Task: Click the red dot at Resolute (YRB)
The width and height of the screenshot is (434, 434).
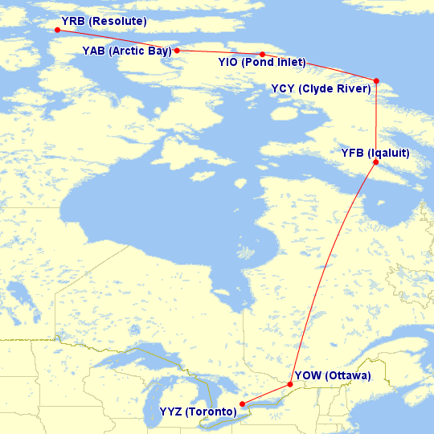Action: click(57, 31)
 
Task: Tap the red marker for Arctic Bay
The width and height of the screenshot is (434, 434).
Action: click(177, 50)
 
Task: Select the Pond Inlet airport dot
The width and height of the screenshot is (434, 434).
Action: click(262, 55)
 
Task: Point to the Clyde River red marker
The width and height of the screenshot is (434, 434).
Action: click(376, 80)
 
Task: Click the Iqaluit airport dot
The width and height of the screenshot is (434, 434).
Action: click(376, 162)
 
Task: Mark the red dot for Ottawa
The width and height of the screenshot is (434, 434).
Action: click(290, 384)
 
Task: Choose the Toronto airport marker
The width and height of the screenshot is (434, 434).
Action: click(242, 404)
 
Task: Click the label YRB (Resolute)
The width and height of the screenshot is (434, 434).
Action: click(104, 19)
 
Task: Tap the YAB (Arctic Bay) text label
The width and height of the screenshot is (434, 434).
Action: click(126, 51)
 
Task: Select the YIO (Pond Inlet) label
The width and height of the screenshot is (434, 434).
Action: click(261, 62)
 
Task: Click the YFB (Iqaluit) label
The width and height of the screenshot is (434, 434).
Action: click(375, 153)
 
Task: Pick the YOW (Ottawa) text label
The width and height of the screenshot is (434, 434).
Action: click(332, 375)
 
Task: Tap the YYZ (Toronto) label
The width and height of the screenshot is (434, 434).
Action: click(198, 412)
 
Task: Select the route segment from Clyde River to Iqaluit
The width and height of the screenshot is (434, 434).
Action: click(376, 121)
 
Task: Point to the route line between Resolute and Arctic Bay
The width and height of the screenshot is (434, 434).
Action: click(117, 40)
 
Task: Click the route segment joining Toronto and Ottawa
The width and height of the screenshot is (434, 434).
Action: click(266, 395)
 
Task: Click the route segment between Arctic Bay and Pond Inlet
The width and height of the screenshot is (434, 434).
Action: click(219, 52)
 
